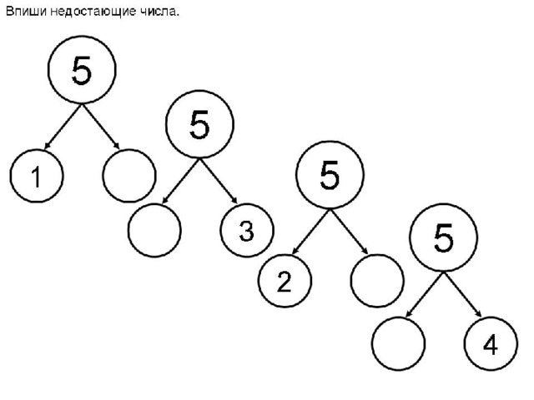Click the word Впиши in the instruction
tap(23, 12)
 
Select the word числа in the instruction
tap(159, 12)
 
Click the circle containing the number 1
tap(36, 177)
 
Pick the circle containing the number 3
tap(246, 231)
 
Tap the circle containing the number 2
tap(284, 282)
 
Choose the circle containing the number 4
tap(491, 343)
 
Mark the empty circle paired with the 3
tap(154, 231)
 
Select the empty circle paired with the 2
tap(376, 282)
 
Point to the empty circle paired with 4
tap(399, 343)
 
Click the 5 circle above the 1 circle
tap(82, 72)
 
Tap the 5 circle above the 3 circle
tap(199, 126)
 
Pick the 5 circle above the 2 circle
tap(330, 176)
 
